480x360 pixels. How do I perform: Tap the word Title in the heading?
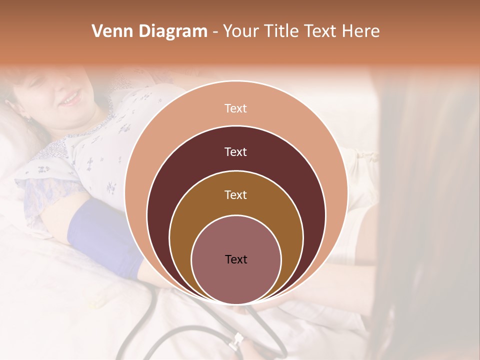282,31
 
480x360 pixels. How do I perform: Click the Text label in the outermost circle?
235,108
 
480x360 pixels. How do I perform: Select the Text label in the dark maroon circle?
235,151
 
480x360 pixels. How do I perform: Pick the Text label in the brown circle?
235,194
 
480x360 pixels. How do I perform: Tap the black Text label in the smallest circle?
235,259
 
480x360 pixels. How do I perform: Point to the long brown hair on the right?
430,225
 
